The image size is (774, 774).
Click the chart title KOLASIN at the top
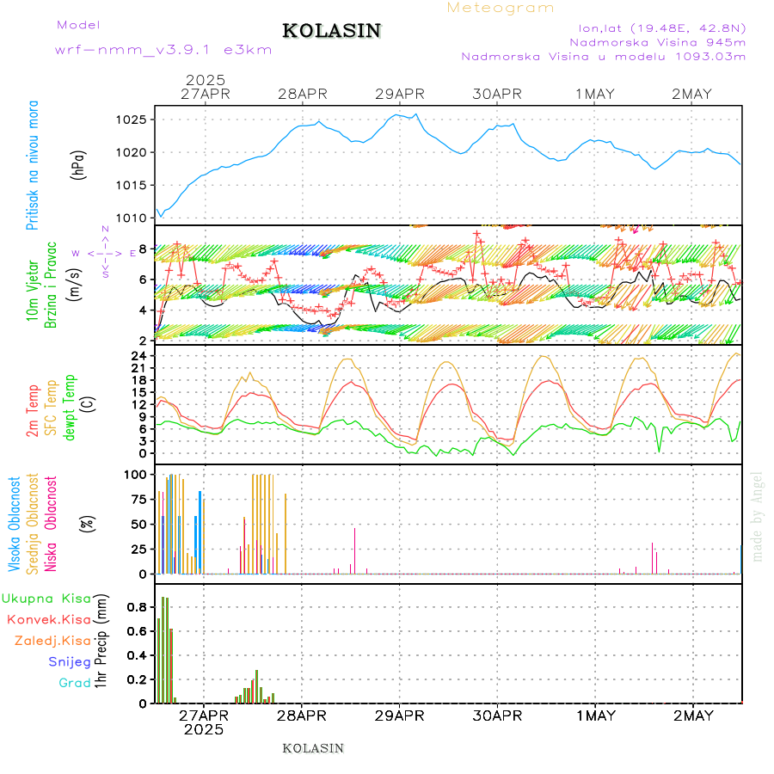click(x=331, y=31)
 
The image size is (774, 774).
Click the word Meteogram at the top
click(x=501, y=8)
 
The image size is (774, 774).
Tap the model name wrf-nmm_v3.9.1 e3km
click(x=163, y=50)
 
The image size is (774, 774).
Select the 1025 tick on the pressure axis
click(x=134, y=120)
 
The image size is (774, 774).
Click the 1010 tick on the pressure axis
click(x=134, y=218)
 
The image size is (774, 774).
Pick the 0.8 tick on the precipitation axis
click(x=138, y=607)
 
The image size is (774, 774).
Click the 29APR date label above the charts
click(x=400, y=94)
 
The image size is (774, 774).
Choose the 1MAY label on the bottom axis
click(x=595, y=716)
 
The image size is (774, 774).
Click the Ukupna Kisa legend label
click(x=46, y=599)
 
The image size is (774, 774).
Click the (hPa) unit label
click(x=78, y=163)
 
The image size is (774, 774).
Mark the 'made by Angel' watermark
click(x=758, y=516)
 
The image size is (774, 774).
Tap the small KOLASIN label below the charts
click(x=313, y=748)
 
